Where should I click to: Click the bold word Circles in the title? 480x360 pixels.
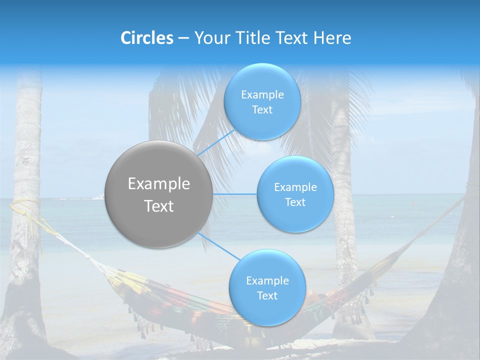(147, 38)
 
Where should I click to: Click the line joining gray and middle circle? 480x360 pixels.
(234, 194)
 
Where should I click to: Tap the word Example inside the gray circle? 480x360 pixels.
(159, 184)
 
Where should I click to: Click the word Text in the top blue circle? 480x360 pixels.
(262, 110)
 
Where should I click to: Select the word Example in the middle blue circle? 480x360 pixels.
(295, 187)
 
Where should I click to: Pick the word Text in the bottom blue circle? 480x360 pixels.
(267, 296)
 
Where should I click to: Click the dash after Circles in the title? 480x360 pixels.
(183, 38)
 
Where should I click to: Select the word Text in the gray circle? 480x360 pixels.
(159, 206)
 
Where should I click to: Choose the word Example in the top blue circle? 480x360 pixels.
(262, 95)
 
